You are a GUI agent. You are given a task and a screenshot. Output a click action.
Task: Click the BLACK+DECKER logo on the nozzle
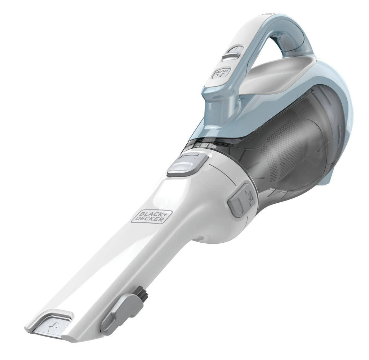click(152, 215)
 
